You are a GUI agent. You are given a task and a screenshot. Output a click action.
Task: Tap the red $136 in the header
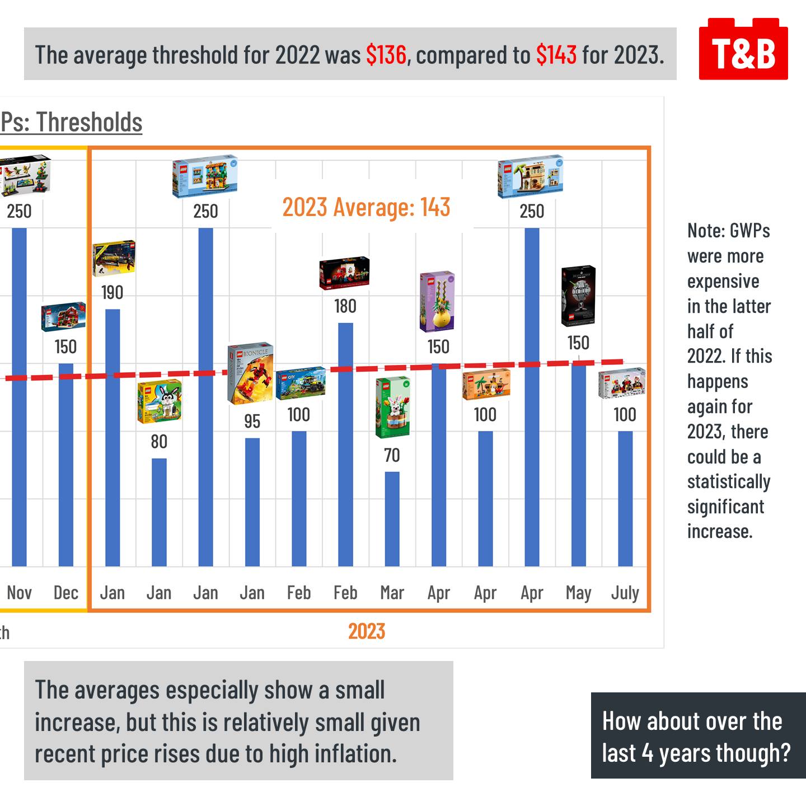pyautogui.click(x=386, y=55)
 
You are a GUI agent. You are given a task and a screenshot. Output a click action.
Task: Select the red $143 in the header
pyautogui.click(x=556, y=55)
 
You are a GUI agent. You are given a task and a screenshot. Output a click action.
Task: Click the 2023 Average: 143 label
pyautogui.click(x=366, y=207)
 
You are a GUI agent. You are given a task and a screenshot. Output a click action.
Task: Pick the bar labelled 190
pyautogui.click(x=113, y=437)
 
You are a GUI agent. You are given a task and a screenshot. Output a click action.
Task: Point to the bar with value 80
pyautogui.click(x=159, y=512)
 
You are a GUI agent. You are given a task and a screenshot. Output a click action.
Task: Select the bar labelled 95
pyautogui.click(x=252, y=502)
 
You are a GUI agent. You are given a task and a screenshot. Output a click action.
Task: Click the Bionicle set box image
pyautogui.click(x=250, y=373)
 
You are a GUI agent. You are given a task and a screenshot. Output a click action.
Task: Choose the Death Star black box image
pyautogui.click(x=578, y=296)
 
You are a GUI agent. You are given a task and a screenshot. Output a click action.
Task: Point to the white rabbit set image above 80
pyautogui.click(x=160, y=401)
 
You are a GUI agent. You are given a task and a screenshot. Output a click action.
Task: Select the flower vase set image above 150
pyautogui.click(x=437, y=302)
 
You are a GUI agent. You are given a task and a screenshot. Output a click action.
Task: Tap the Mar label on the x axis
pyautogui.click(x=392, y=593)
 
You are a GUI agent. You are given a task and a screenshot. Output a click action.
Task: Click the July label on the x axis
pyautogui.click(x=625, y=593)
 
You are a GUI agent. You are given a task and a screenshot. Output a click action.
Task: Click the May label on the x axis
pyautogui.click(x=578, y=593)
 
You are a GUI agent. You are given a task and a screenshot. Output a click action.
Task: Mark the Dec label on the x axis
pyautogui.click(x=65, y=593)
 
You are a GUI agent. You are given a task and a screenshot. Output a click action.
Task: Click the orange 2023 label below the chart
pyautogui.click(x=367, y=631)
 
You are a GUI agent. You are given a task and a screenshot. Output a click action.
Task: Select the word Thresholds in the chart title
pyautogui.click(x=90, y=122)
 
